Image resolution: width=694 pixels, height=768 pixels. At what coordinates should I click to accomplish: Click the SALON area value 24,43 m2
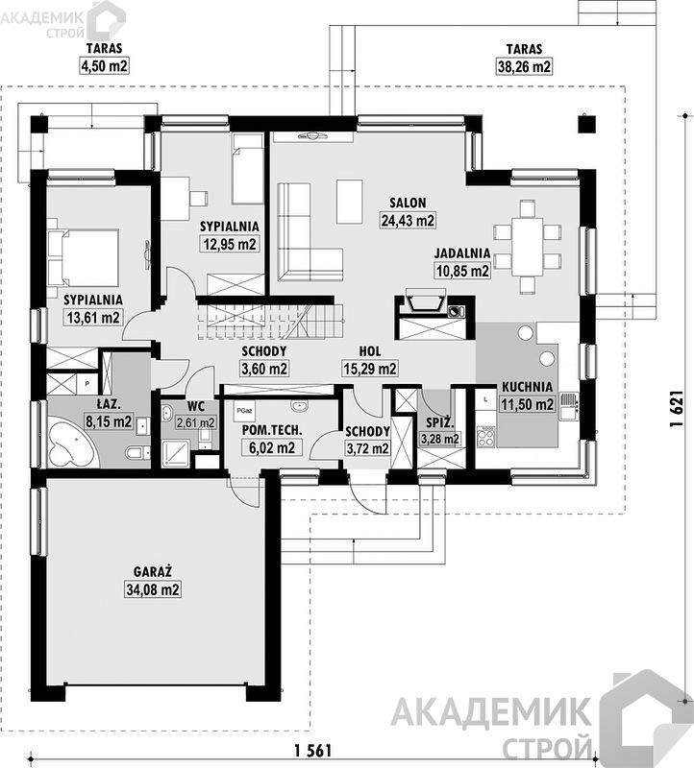click(x=409, y=221)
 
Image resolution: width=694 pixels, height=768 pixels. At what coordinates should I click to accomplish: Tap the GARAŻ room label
click(x=153, y=571)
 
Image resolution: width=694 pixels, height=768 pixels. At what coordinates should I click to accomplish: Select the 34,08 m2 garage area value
click(x=153, y=589)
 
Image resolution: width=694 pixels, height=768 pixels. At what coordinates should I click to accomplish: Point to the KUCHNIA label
click(x=527, y=387)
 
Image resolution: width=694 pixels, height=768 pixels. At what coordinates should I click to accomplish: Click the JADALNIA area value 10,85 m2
click(x=462, y=271)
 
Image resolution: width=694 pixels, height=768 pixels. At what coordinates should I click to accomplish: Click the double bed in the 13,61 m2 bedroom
click(x=84, y=257)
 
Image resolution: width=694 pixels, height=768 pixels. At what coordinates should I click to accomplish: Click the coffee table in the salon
click(x=349, y=201)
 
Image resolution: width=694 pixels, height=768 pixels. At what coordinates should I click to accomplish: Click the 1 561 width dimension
click(x=313, y=751)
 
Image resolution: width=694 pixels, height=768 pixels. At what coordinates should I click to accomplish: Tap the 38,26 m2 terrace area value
click(x=524, y=66)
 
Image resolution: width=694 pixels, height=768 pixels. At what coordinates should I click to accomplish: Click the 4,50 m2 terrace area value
click(x=104, y=66)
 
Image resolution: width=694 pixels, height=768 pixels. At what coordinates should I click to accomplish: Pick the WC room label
click(x=196, y=406)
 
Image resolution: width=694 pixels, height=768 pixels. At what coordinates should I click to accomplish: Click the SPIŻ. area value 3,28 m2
click(x=440, y=439)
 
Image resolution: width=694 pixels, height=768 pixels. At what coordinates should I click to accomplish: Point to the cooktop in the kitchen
click(x=486, y=436)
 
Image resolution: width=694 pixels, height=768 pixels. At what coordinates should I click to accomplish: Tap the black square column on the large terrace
click(x=586, y=125)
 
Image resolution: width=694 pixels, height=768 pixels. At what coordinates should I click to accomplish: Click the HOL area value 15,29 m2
click(x=370, y=369)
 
